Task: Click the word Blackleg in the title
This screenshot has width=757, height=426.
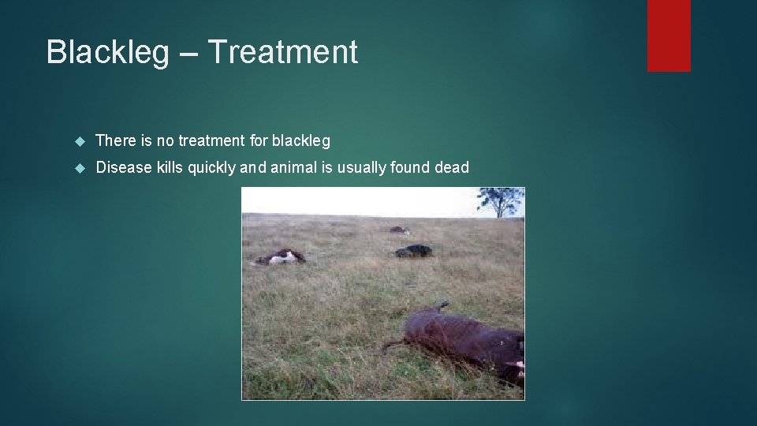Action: tap(107, 52)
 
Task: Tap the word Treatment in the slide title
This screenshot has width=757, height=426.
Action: tap(283, 52)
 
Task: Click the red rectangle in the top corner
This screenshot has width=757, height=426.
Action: tap(669, 35)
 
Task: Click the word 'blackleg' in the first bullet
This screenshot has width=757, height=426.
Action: tap(300, 141)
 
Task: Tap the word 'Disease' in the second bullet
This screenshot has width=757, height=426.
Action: tap(122, 167)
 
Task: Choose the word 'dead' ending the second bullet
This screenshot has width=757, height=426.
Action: tap(451, 167)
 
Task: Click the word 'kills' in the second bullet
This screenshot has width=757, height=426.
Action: tap(169, 167)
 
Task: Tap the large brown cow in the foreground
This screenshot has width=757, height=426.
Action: tap(465, 340)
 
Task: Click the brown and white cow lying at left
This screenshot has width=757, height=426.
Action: tap(280, 256)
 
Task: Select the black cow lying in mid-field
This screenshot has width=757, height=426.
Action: tap(414, 251)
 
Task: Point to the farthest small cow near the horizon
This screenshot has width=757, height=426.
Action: tap(398, 230)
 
